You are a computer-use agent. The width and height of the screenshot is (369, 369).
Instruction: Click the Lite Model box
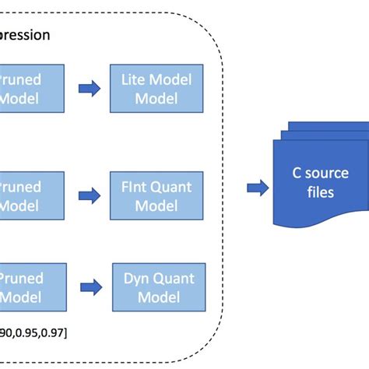coord(156,89)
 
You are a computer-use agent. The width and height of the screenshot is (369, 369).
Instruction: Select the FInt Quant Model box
coord(156,196)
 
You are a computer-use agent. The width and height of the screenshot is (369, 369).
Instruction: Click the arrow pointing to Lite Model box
coord(90,89)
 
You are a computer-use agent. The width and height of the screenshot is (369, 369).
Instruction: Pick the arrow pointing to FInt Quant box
coord(90,196)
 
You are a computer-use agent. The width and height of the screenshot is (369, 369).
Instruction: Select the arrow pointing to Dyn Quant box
coord(91,286)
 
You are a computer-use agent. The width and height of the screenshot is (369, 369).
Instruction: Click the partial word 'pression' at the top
coord(25,35)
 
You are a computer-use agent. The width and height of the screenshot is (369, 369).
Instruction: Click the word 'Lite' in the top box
coord(134,79)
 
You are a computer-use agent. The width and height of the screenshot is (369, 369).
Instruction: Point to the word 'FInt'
coord(134,187)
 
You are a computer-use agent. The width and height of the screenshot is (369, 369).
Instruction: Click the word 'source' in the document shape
coord(327,174)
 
